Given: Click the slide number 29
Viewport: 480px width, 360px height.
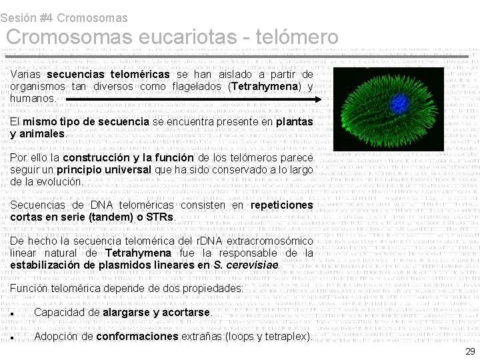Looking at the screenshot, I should pyautogui.click(x=469, y=351).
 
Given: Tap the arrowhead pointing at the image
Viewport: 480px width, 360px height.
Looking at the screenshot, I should pyautogui.click(x=317, y=99).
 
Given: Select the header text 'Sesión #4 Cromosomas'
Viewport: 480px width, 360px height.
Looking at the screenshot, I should pyautogui.click(x=64, y=18).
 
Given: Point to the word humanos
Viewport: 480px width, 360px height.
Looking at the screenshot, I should pyautogui.click(x=32, y=99).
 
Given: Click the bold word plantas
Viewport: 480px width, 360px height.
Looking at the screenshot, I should pyautogui.click(x=294, y=122).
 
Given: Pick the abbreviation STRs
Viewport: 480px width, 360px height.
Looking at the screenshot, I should pyautogui.click(x=160, y=217).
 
